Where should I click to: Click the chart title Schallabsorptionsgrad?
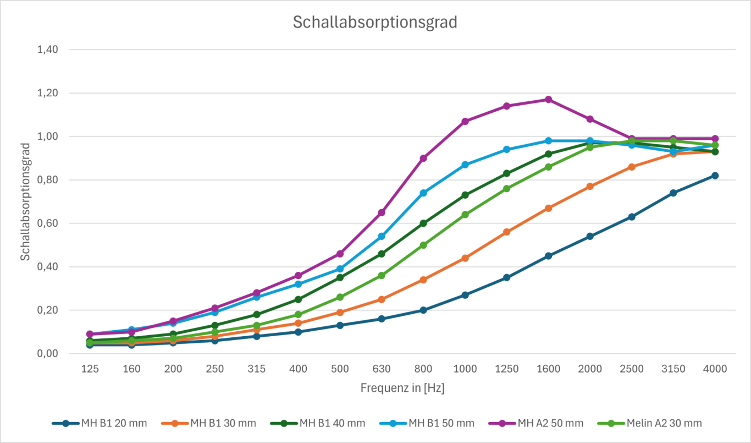[x=375, y=23]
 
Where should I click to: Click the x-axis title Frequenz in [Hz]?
[x=402, y=388]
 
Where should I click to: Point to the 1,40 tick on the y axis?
[x=47, y=50]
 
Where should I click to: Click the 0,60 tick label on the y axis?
[x=47, y=223]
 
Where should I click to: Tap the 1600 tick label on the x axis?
[x=548, y=369]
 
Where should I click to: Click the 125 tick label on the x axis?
[x=90, y=369]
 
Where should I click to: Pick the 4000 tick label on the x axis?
[x=715, y=369]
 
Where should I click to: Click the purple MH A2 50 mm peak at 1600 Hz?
[x=548, y=100]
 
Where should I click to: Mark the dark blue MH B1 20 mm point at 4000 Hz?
[x=715, y=176]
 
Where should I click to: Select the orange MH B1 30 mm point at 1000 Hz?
[x=465, y=258]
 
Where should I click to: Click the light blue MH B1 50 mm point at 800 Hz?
[x=423, y=193]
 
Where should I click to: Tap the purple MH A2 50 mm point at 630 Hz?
[x=382, y=212]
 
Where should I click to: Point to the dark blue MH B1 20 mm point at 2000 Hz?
[x=590, y=236]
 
